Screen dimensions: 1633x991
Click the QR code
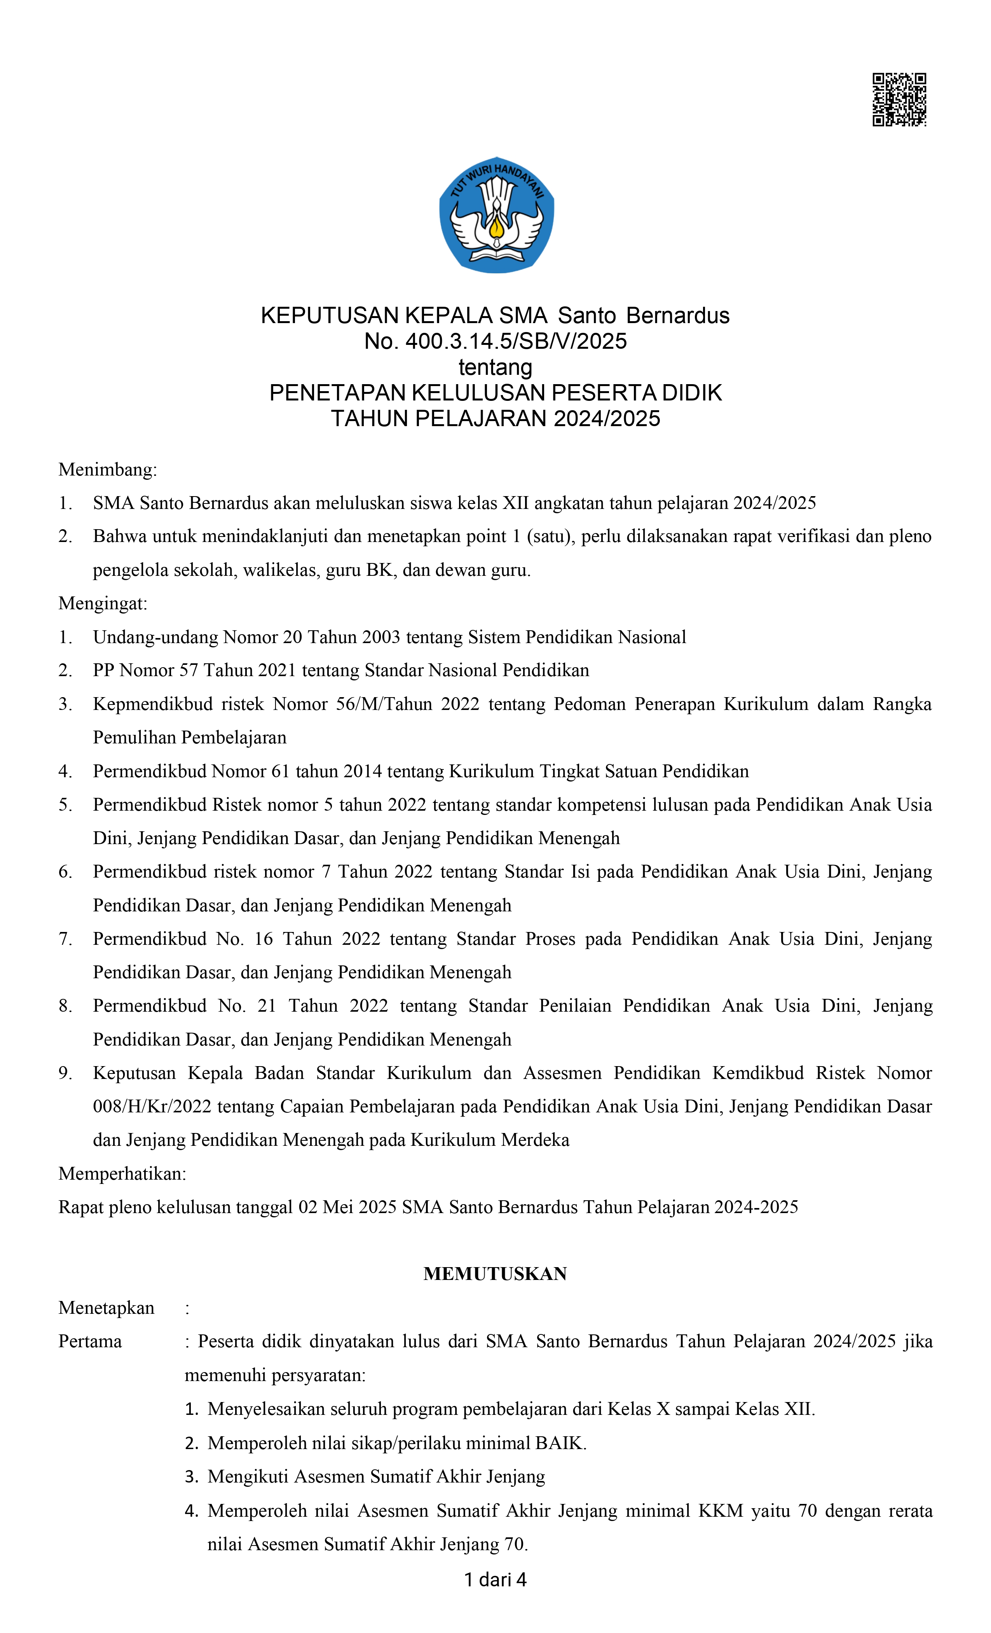coord(899,100)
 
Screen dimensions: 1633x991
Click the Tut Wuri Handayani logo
coord(496,215)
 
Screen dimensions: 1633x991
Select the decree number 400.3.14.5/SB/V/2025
coord(516,341)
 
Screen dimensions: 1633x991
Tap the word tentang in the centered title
coord(495,367)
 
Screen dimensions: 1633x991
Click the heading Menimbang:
coord(107,470)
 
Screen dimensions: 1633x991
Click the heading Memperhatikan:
coord(122,1174)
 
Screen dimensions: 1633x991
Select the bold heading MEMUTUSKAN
coord(495,1274)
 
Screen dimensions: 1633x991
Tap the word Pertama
coord(90,1341)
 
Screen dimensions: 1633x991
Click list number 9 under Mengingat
coord(65,1073)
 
